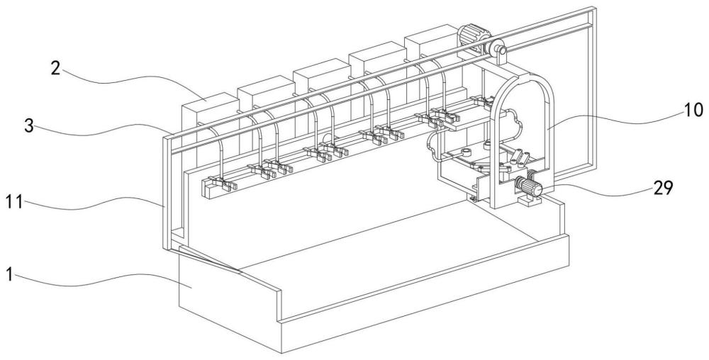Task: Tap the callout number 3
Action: pos(29,126)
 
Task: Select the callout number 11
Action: pos(14,203)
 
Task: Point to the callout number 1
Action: pos(9,275)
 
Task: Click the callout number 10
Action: pos(692,110)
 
